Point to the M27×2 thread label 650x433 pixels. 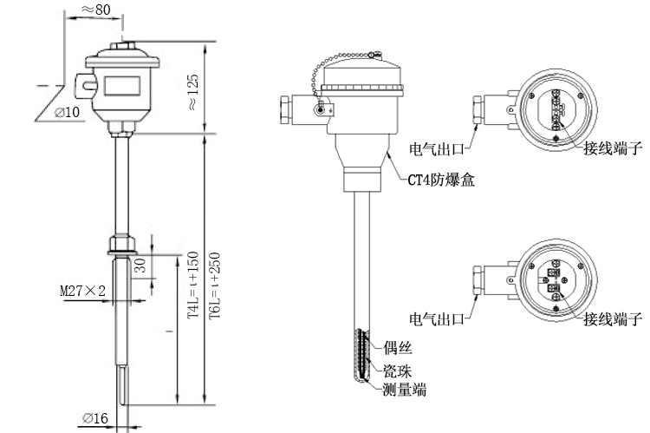point(82,292)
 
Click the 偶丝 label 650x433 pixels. point(397,349)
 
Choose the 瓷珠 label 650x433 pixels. point(397,370)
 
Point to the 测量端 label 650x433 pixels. point(404,390)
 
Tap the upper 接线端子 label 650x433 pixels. point(613,148)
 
